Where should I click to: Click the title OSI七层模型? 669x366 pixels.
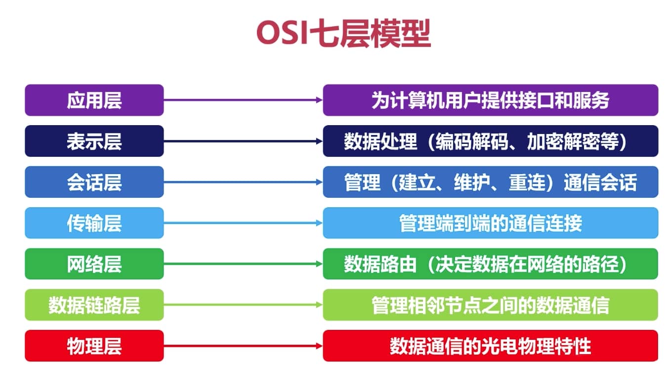point(343,33)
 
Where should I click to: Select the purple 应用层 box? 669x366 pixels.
point(94,100)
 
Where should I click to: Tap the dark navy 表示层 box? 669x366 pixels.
point(94,141)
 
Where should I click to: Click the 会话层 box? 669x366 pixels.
point(94,182)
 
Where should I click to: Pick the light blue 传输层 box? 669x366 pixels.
point(94,223)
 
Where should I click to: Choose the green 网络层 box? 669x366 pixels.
point(94,264)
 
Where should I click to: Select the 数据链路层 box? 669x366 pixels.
point(94,305)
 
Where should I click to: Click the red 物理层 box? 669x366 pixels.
point(94,346)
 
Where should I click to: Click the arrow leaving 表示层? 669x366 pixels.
point(243,141)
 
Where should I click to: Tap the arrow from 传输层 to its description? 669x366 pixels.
point(243,223)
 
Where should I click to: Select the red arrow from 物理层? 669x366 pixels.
point(243,346)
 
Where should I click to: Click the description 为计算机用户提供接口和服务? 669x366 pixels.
point(491,100)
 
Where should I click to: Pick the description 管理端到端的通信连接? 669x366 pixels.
point(491,223)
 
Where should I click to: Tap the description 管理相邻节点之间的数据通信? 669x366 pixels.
point(491,305)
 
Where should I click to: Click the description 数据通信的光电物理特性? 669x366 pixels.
point(491,346)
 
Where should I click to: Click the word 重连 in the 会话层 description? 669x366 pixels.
point(527,182)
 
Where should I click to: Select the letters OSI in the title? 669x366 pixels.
point(282,33)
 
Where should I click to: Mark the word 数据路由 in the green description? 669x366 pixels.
point(380,264)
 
